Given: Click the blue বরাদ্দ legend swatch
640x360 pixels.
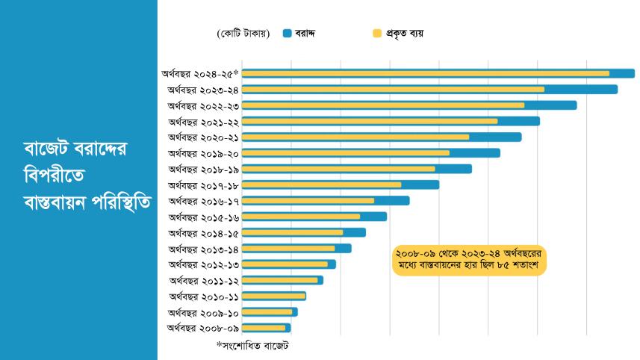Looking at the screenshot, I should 288,33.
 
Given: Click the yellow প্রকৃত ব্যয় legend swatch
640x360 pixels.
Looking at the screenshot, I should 377,33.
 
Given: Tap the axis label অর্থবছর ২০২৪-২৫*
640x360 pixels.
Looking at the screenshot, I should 199,73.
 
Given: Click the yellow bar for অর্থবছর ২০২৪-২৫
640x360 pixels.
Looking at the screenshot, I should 426,73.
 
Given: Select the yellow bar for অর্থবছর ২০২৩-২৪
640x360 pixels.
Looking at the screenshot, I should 393,90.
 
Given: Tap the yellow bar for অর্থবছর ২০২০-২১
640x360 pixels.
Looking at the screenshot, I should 355,137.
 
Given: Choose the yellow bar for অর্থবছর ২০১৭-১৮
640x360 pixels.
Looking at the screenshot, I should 321,184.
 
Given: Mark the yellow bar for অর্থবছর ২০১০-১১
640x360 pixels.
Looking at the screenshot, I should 273,296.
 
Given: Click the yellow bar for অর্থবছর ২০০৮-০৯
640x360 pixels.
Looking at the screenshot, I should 264,328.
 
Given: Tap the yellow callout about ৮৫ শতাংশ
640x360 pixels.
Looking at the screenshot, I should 470,260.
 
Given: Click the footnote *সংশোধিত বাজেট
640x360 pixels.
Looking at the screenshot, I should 252,346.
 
